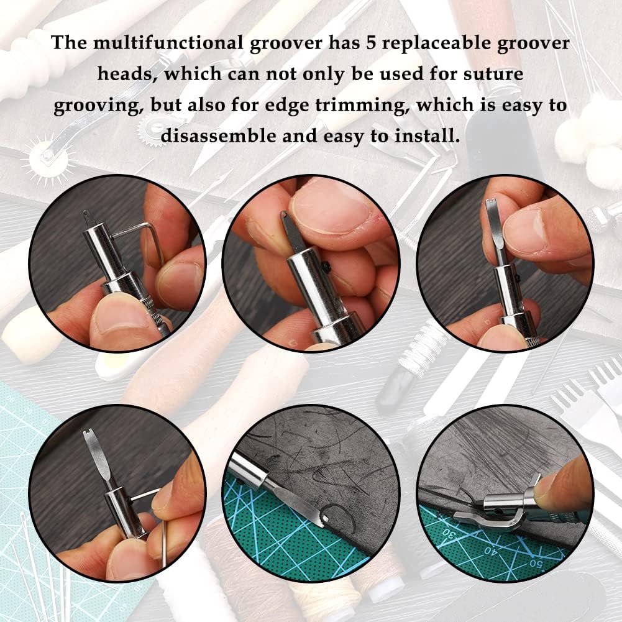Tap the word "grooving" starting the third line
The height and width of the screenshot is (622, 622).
[92, 105]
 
